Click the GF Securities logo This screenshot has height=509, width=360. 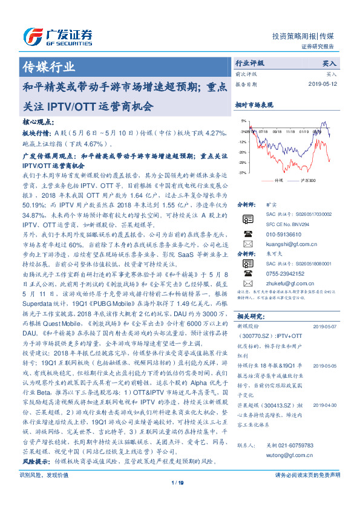coord(57,36)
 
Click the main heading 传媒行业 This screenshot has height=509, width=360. coord(48,66)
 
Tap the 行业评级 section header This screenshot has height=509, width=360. coord(250,62)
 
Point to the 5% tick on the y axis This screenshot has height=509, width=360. coord(243,120)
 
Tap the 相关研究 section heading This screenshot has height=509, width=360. coord(249,316)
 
